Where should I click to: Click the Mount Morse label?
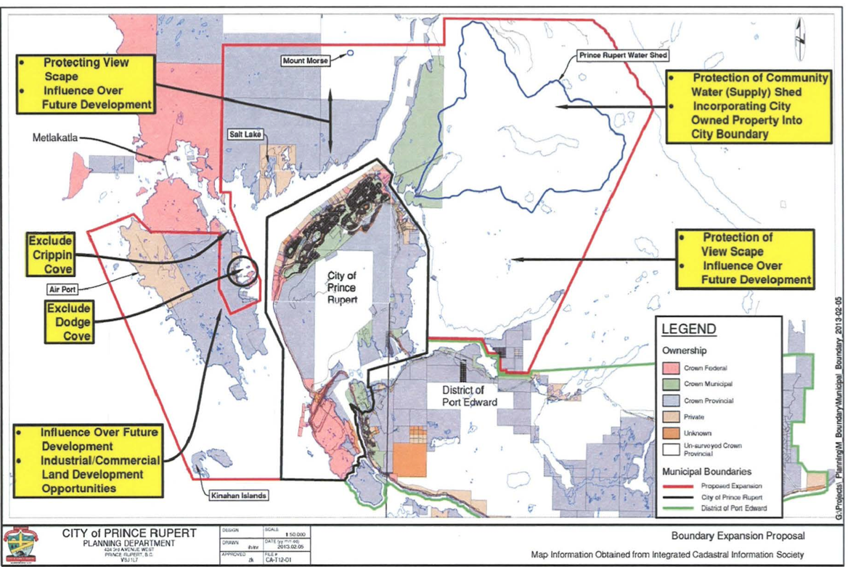pos(305,61)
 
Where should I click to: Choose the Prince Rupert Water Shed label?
pos(622,55)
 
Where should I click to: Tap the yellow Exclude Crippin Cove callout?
pos(51,254)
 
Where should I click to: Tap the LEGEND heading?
pos(688,329)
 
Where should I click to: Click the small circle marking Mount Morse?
pos(351,53)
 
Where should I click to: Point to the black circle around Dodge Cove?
pos(242,271)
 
